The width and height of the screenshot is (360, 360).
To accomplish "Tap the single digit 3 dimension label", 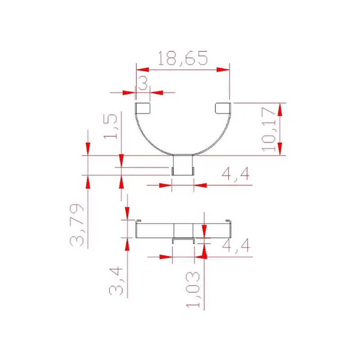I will (143, 83).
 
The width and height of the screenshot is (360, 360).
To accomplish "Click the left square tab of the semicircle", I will (144, 108).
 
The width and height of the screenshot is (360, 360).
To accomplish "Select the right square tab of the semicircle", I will (222, 108).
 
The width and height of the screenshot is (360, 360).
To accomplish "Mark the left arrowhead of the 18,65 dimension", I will (142, 70).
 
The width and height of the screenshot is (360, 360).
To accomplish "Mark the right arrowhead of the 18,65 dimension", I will (224, 70).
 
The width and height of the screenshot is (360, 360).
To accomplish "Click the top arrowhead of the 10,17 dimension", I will (280, 109).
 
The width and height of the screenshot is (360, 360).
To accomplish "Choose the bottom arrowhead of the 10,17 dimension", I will (280, 149).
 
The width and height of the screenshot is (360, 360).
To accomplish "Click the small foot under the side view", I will (183, 240).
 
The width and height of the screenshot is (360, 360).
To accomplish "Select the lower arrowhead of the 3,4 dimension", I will (127, 243).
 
